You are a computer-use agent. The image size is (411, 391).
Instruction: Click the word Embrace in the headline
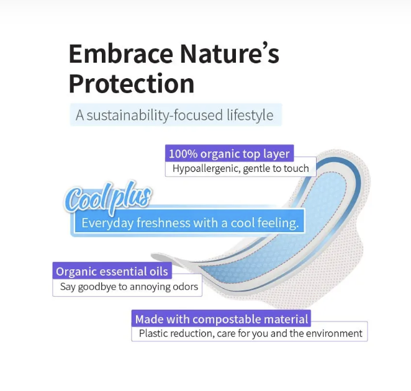121,54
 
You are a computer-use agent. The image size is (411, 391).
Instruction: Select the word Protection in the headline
132,84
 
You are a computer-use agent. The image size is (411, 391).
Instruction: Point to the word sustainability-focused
155,115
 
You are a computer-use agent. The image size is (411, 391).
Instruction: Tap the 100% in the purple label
183,154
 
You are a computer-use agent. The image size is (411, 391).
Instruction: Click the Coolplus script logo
108,197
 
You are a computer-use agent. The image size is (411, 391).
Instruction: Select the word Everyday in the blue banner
107,223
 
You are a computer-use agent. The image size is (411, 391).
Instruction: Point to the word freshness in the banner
163,223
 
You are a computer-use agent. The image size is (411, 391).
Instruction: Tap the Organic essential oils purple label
112,271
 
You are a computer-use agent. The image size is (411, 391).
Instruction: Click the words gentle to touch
276,169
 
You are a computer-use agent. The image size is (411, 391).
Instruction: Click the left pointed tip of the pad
151,254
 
